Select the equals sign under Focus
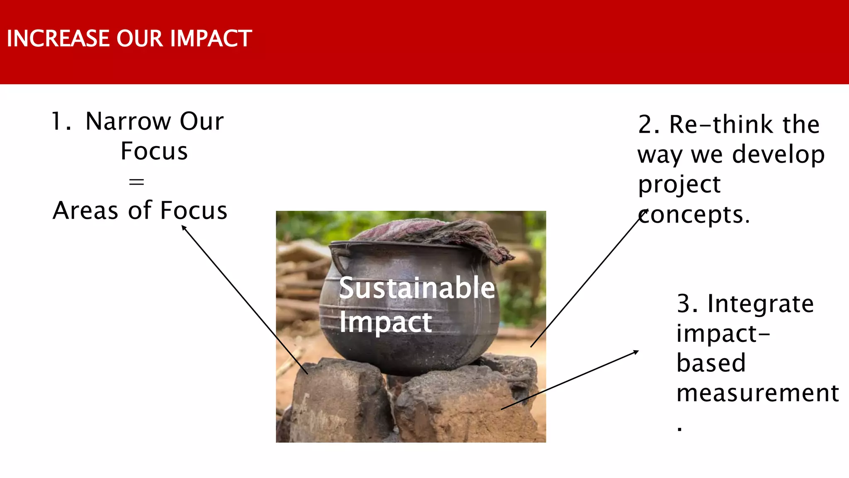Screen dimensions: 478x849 (x=136, y=181)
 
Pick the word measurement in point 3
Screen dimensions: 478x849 (x=757, y=393)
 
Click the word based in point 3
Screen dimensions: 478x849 (x=711, y=363)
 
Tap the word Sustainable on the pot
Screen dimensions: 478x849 (x=417, y=288)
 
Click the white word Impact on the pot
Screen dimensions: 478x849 (x=385, y=322)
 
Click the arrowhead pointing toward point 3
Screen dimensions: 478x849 (x=636, y=352)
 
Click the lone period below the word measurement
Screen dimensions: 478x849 (x=679, y=429)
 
